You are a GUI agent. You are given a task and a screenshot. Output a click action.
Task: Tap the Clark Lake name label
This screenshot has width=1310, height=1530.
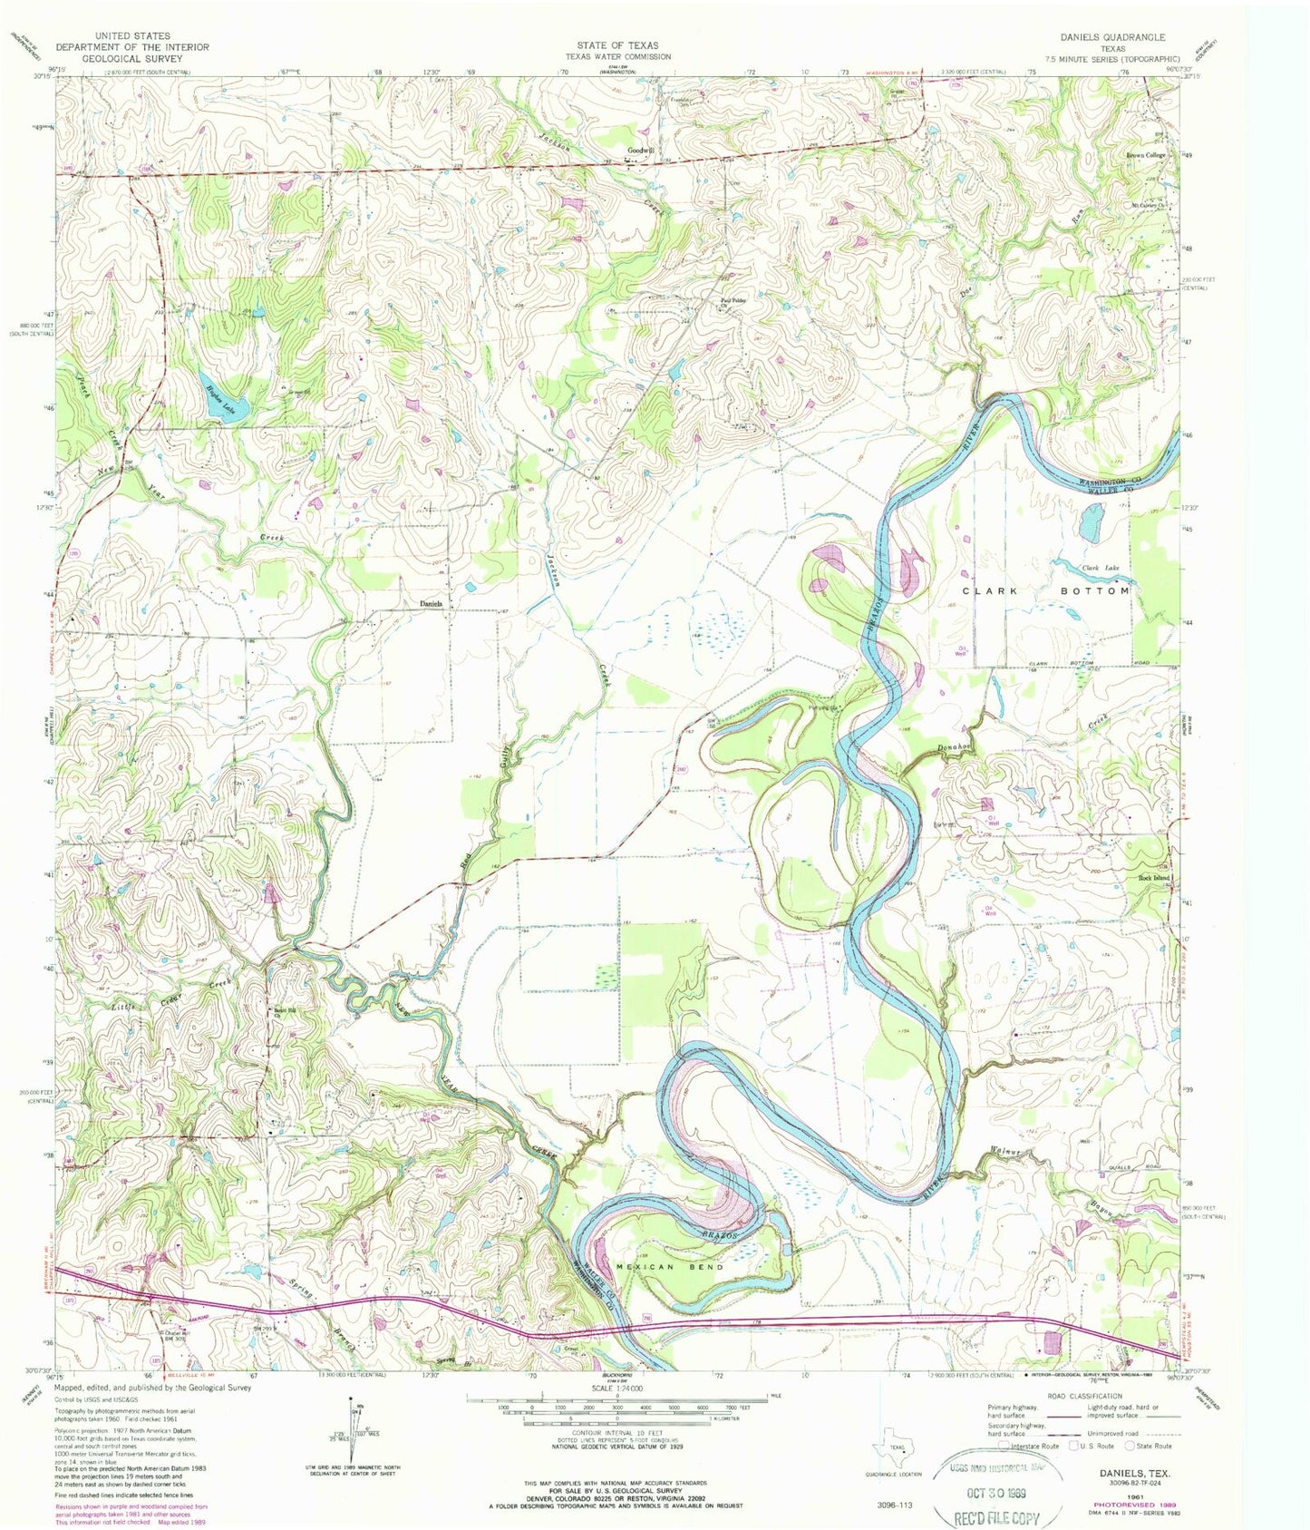1100,568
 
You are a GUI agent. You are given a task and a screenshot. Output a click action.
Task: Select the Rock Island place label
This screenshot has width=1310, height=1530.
1154,878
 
